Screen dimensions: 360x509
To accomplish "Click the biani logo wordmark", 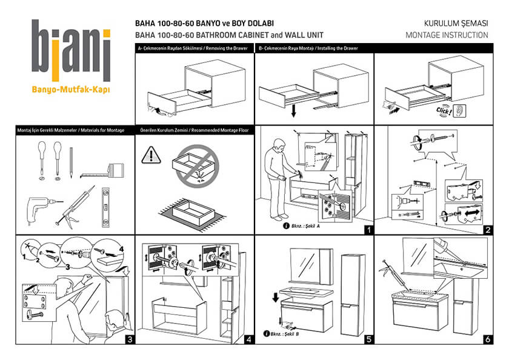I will click(x=71, y=50).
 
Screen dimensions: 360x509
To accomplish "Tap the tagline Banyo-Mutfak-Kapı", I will click(x=71, y=90).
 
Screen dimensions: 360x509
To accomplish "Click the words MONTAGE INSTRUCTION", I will click(x=447, y=35).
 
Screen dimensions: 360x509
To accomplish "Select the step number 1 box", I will click(x=367, y=230).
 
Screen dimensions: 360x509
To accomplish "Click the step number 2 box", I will click(x=487, y=230).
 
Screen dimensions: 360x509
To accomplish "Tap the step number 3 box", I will click(x=128, y=339).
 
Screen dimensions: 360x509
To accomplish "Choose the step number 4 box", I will click(x=248, y=339).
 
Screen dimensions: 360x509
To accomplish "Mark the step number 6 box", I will click(x=487, y=339).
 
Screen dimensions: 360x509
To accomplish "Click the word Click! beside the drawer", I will click(x=445, y=112).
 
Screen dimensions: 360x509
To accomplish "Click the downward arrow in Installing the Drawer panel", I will click(x=293, y=111).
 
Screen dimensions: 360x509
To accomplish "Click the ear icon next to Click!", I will click(x=461, y=111).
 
